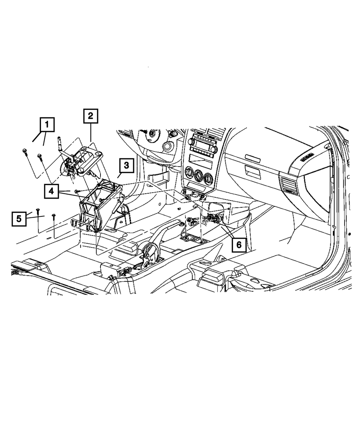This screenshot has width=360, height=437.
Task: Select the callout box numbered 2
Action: (90, 116)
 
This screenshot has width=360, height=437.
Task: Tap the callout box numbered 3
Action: (126, 166)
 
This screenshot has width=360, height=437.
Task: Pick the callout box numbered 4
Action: (52, 192)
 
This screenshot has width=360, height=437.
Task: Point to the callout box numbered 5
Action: (19, 218)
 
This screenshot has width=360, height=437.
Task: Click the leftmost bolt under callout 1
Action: (24, 152)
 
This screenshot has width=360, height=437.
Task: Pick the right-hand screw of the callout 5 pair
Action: (54, 216)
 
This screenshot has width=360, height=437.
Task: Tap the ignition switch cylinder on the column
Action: (167, 147)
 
